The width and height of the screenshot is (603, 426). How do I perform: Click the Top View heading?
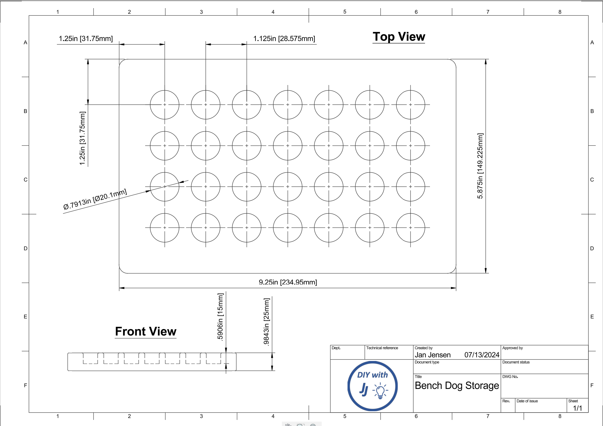399,37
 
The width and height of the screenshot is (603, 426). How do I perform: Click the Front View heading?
146,331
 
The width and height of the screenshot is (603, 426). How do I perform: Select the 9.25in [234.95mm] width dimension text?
288,282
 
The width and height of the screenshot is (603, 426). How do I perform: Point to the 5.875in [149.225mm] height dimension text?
480,166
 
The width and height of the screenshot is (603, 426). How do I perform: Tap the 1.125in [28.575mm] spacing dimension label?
284,39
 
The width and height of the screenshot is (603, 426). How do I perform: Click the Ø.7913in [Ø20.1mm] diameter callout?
95,199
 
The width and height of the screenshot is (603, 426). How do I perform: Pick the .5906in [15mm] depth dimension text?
220,316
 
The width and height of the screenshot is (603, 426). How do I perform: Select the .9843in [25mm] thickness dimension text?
266,322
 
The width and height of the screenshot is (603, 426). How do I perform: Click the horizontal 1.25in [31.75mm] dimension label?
86,39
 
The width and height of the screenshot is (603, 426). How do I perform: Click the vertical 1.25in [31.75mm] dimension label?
82,138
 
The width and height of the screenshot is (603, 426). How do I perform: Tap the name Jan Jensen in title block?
433,355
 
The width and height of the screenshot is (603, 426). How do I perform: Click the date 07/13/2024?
482,355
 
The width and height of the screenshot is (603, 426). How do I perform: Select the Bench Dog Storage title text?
457,386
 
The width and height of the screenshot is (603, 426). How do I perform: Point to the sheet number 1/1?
577,408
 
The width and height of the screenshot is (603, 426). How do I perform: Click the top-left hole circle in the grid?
165,90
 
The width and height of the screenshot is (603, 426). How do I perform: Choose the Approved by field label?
512,348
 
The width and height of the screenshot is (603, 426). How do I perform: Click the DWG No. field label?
510,377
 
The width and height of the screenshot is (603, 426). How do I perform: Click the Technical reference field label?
382,348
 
